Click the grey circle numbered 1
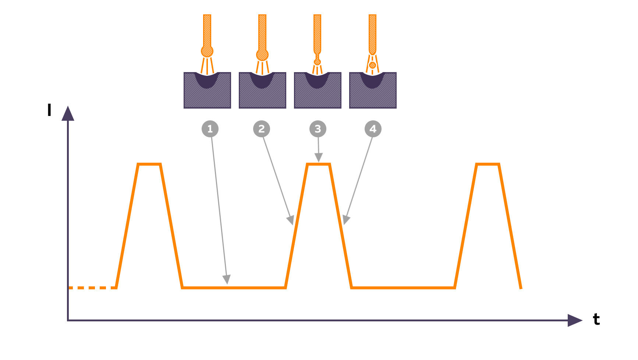click(210, 129)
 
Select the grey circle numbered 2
click(262, 129)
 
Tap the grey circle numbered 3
click(318, 129)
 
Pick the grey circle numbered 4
click(373, 129)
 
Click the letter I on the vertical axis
click(49, 110)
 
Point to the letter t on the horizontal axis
click(596, 319)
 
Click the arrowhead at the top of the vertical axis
click(68, 113)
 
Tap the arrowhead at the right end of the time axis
click(575, 320)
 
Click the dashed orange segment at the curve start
click(92, 287)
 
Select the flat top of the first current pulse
click(149, 164)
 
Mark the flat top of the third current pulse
click(488, 164)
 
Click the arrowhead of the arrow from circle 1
click(227, 279)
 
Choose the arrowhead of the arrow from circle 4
click(346, 220)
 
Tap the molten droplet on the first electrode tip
click(207, 51)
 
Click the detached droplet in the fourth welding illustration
click(372, 65)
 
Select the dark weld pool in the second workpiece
click(262, 80)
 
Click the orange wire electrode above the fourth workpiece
click(372, 35)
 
